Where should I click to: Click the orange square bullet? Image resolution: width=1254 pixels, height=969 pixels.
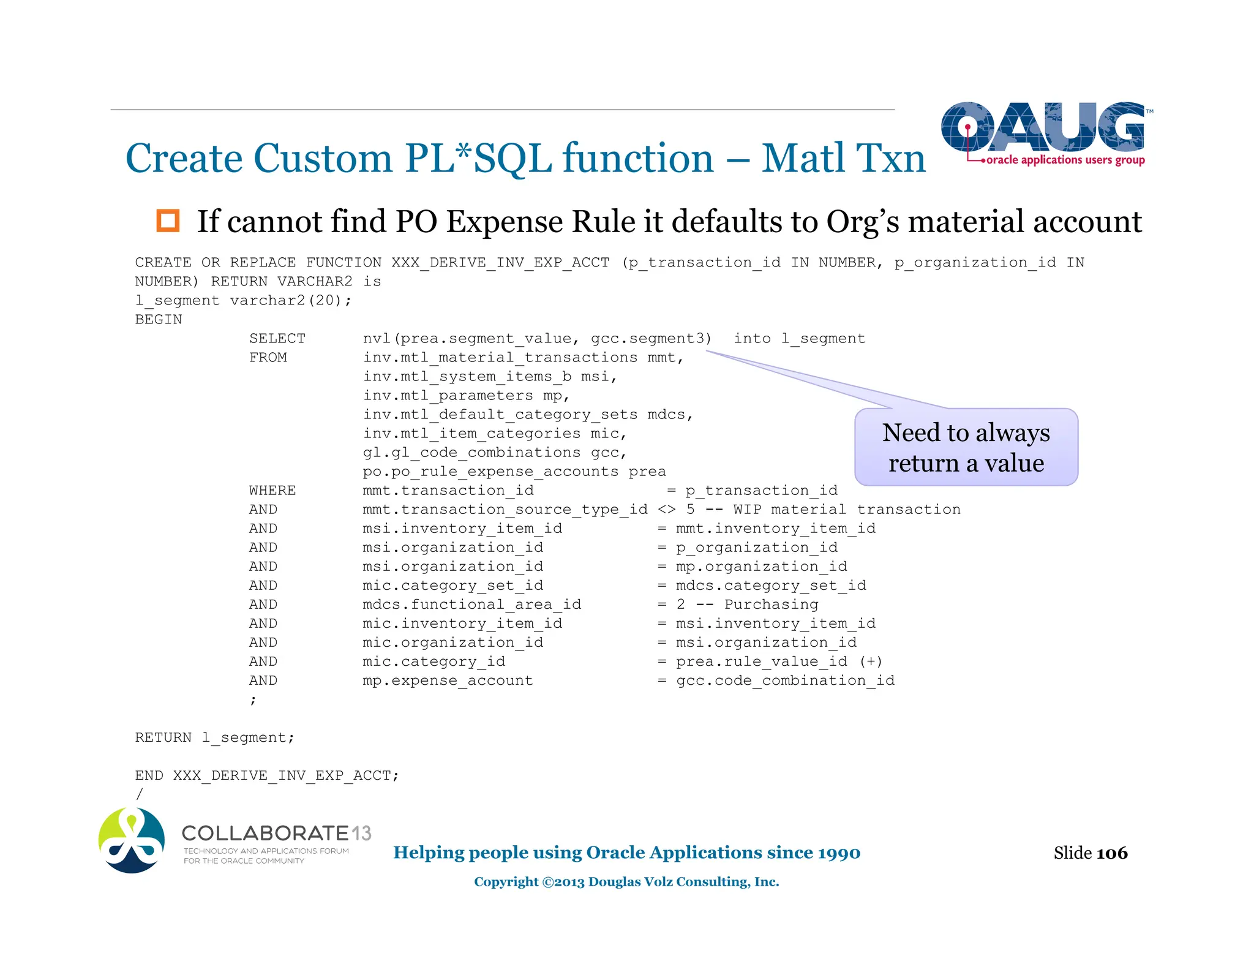(168, 221)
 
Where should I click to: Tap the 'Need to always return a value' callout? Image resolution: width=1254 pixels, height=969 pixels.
(966, 448)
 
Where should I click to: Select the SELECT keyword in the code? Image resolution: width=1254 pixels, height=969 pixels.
(277, 339)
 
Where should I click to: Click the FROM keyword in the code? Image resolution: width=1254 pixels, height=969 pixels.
(268, 358)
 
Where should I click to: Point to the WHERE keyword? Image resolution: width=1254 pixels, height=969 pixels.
(272, 491)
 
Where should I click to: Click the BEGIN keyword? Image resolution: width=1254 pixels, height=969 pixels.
(159, 320)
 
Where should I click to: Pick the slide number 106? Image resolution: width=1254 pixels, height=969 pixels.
(1111, 853)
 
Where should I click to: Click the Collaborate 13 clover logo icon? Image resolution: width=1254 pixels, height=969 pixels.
(132, 840)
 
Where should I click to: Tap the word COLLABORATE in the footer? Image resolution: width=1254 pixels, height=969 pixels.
(265, 833)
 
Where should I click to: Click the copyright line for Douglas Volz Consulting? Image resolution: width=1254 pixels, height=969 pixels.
(626, 881)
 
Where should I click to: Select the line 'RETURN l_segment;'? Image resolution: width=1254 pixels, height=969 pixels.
(214, 737)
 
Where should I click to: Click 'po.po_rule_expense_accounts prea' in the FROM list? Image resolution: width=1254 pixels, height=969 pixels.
(514, 472)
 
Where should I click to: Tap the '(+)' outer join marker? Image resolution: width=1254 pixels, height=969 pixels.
(871, 662)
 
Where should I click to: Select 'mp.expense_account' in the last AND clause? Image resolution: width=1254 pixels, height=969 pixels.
(448, 681)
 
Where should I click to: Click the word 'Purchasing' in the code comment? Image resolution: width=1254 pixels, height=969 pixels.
(771, 605)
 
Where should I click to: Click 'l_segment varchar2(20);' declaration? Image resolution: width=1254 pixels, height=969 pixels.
(243, 301)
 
